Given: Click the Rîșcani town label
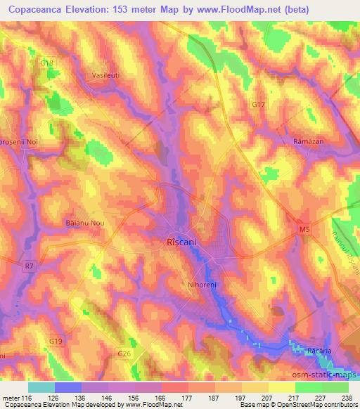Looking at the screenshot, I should tap(182, 241).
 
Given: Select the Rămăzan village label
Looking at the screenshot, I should tap(307, 141).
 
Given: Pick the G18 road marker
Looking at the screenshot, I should tap(47, 63).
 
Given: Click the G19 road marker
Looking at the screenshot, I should tap(56, 341).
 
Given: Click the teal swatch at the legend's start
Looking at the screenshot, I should tap(41, 387).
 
